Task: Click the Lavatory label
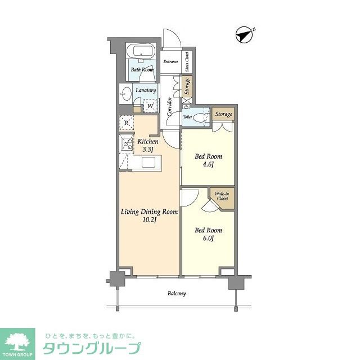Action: tap(145, 90)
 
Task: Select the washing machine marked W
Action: tap(150, 105)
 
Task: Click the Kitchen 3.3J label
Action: tap(148, 146)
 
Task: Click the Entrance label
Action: tap(170, 61)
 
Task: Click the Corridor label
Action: tap(169, 107)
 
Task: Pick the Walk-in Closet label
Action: tap(222, 197)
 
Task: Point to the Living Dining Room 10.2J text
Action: tap(150, 216)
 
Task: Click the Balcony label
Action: tap(177, 294)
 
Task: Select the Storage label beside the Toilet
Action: tap(223, 114)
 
